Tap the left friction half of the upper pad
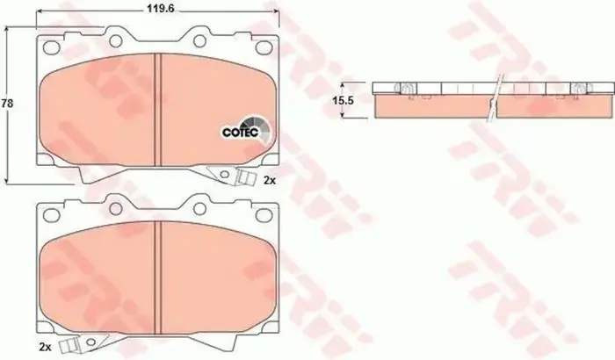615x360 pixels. pos(98,110)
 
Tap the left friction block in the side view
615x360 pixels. pos(430,105)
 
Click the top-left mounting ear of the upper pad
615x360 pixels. pos(115,38)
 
